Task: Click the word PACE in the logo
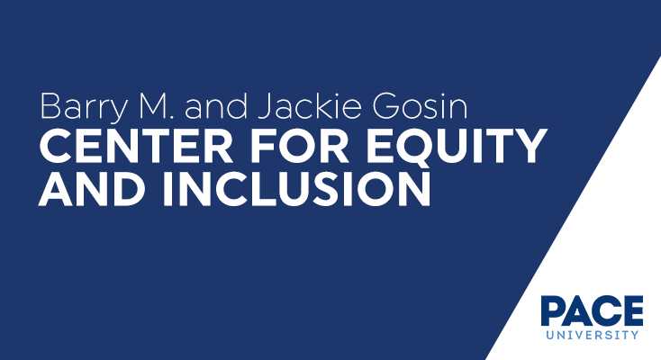click(592, 311)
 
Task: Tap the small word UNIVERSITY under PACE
click(592, 335)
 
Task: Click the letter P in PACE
click(552, 311)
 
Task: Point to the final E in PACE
click(633, 311)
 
